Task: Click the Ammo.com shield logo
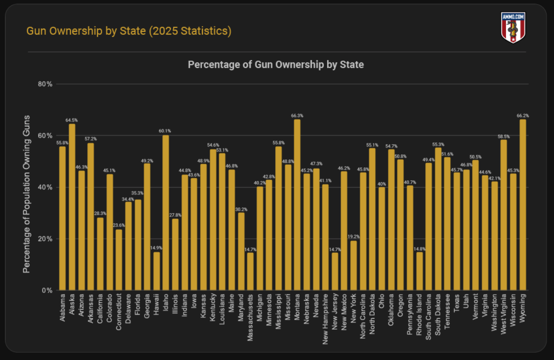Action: [x=513, y=28]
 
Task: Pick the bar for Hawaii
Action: [x=156, y=271]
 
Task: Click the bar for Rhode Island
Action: [x=419, y=271]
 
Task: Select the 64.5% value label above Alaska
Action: [x=71, y=120]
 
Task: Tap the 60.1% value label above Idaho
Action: [x=165, y=131]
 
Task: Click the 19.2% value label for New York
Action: [x=353, y=237]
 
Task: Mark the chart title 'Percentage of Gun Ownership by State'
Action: [x=276, y=65]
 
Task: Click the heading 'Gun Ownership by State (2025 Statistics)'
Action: [x=129, y=31]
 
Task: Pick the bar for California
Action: [x=100, y=254]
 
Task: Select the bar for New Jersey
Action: [x=335, y=271]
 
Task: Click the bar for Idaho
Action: [x=165, y=213]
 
